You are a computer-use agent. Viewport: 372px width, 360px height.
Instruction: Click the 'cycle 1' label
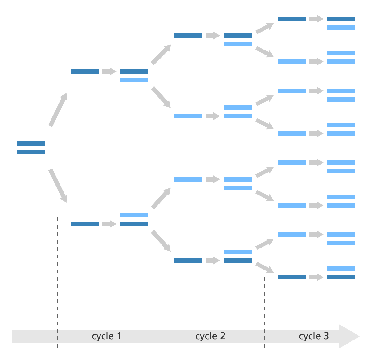point(106,336)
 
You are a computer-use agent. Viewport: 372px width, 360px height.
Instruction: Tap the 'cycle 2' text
point(210,336)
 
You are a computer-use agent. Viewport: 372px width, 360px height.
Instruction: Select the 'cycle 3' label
point(314,336)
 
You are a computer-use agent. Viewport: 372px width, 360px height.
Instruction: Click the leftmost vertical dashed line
point(57,283)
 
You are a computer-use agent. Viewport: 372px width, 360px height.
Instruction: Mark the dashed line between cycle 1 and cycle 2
point(161,305)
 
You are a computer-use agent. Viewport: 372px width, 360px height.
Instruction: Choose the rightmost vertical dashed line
point(264,312)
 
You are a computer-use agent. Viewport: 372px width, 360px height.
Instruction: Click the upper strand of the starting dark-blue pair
point(31,143)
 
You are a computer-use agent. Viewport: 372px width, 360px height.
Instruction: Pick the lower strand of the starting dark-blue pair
point(31,152)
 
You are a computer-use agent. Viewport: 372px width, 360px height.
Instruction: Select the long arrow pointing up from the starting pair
point(58,110)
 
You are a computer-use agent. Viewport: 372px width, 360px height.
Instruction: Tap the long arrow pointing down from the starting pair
point(58,186)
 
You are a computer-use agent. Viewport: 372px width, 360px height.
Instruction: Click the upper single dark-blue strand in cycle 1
point(85,72)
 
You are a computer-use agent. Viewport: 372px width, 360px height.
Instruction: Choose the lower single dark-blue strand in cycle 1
point(85,224)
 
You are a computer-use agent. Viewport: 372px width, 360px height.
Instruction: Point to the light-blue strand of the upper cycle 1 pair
point(134,80)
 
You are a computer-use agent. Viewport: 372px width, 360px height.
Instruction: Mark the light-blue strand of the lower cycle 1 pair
point(134,215)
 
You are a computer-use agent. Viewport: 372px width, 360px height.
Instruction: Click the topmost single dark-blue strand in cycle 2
point(188,36)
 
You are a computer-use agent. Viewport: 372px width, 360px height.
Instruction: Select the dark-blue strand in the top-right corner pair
point(341,19)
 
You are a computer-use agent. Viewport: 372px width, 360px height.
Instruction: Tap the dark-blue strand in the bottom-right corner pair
point(341,277)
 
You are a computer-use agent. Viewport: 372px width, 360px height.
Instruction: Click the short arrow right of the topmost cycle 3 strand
point(317,19)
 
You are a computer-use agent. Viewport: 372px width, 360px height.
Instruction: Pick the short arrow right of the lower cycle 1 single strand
point(109,224)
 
